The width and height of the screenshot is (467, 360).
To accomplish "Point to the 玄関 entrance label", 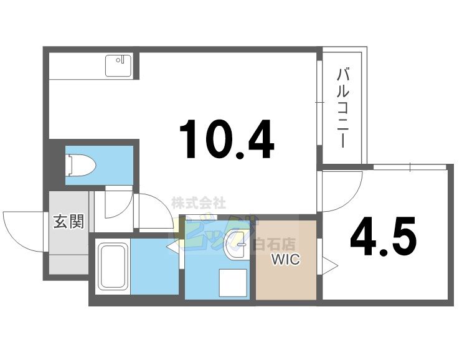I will click(x=68, y=221).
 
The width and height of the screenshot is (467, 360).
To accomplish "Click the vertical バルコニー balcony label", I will click(x=342, y=108).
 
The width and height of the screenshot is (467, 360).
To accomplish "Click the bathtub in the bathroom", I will click(x=113, y=268).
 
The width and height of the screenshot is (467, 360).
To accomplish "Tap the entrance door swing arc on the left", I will click(x=22, y=230).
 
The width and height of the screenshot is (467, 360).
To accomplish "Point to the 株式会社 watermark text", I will click(x=198, y=203).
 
